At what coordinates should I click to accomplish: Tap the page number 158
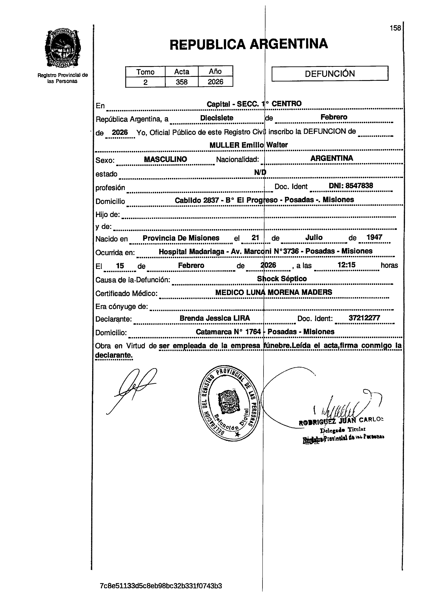point(395,28)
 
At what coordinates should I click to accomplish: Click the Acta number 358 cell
point(182,82)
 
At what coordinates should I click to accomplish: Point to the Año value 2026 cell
point(215,82)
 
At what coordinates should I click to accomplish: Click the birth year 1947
point(374,237)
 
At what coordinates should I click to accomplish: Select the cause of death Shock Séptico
point(282,279)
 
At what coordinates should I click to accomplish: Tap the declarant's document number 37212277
point(364,318)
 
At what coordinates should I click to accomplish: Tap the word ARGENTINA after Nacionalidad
point(331,158)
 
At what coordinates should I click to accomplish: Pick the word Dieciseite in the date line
point(217,118)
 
